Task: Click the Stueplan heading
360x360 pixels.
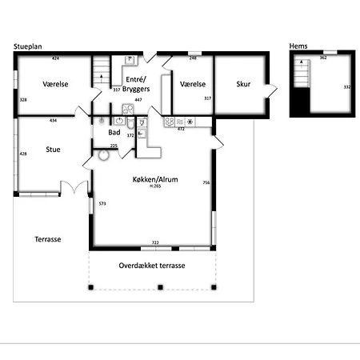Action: coord(27,47)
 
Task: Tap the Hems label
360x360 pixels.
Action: coord(299,46)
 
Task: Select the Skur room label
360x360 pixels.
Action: coord(244,84)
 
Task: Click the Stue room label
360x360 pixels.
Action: coord(53,149)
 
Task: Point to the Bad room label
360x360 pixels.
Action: coord(114,134)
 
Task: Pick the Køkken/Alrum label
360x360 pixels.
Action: coord(154,180)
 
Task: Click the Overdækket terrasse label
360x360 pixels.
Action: coord(152,265)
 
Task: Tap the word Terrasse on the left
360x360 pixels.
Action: coord(48,239)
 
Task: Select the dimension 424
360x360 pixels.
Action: coord(56,59)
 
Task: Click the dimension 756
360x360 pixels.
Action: coord(206,183)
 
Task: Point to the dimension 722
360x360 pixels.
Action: coord(155,242)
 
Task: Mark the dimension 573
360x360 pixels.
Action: coord(102,204)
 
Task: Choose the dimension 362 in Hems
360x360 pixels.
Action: coord(323,58)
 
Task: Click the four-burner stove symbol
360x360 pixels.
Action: coord(169,122)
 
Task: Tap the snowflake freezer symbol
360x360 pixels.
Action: coord(190,122)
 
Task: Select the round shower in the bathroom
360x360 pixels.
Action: coord(102,157)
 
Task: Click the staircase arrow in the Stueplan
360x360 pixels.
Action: coord(101,75)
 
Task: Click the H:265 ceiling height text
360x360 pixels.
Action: coord(155,187)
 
